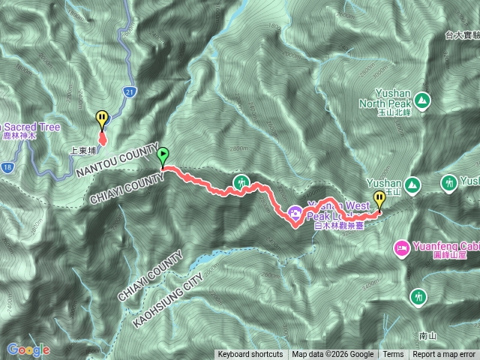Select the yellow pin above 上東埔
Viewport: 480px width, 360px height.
click(102, 118)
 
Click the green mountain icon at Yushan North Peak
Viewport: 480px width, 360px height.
click(421, 99)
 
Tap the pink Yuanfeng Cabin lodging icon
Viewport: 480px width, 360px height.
click(401, 247)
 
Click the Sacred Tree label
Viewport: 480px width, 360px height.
click(30, 127)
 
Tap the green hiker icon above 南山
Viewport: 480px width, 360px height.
click(418, 297)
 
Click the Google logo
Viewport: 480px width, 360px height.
click(28, 349)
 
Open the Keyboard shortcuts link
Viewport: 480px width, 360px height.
click(250, 355)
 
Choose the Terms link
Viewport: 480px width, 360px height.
click(393, 355)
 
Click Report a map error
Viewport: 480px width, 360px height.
click(444, 355)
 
